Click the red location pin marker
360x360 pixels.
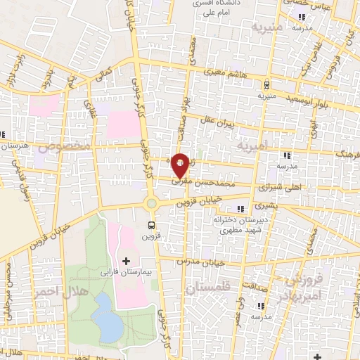[x=181, y=165]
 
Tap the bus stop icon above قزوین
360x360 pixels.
[x=151, y=225]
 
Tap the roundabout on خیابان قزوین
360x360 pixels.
[x=150, y=204]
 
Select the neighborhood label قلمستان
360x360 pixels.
[x=207, y=288]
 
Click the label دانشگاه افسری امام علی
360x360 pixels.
[x=218, y=8]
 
